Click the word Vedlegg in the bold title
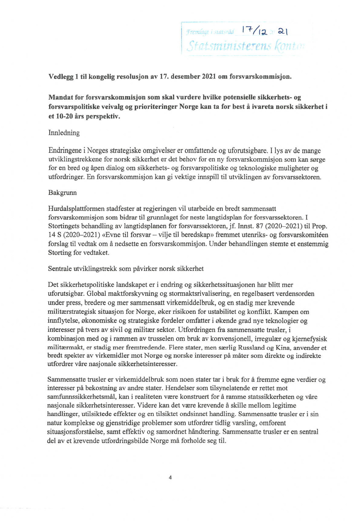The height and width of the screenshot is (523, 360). pyautogui.click(x=60, y=76)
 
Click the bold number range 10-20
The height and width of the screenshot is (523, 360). pyautogui.click(x=63, y=116)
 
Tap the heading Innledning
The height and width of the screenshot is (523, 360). pyautogui.click(x=64, y=133)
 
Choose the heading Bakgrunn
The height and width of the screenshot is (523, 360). pyautogui.click(x=62, y=193)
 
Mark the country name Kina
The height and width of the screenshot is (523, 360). pyautogui.click(x=282, y=348)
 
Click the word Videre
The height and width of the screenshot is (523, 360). pyautogui.click(x=148, y=405)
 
